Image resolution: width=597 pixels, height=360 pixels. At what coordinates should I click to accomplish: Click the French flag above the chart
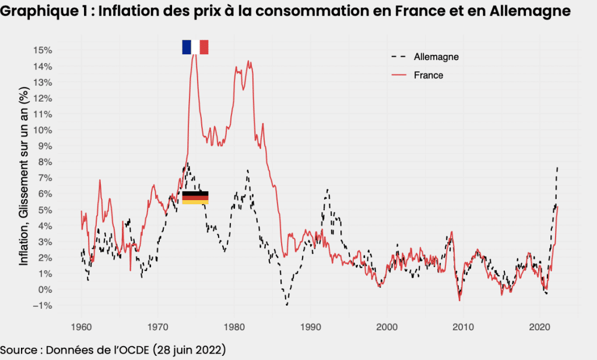(195, 47)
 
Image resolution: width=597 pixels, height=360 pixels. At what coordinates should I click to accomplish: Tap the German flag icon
(195, 198)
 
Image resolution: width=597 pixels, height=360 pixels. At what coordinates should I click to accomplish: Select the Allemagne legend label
(436, 57)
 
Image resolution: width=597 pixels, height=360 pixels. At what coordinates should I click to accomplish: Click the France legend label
(429, 75)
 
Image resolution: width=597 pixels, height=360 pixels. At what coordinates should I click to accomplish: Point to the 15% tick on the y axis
(43, 50)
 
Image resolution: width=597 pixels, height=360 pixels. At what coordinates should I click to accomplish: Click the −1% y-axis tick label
(43, 306)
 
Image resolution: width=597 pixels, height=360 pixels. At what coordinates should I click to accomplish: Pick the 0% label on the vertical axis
(45, 290)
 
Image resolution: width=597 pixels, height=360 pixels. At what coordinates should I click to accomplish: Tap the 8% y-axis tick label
(45, 162)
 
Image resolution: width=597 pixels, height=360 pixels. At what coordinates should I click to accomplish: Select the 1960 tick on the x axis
(81, 327)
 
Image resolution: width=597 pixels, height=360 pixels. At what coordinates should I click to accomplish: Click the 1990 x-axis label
(311, 327)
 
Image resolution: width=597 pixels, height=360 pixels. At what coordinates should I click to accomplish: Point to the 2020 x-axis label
(540, 327)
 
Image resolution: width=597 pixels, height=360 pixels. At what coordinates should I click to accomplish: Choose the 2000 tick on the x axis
(387, 327)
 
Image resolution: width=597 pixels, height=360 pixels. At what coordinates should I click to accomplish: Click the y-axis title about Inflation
(23, 176)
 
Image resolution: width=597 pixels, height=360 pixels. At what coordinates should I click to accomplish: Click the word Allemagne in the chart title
(530, 12)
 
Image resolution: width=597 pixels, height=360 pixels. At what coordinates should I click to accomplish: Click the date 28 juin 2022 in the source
(189, 349)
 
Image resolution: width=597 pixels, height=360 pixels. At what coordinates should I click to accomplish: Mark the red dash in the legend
(399, 75)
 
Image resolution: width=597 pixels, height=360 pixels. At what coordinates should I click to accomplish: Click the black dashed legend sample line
(399, 57)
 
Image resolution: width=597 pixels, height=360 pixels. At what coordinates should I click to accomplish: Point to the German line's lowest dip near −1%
(287, 305)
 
